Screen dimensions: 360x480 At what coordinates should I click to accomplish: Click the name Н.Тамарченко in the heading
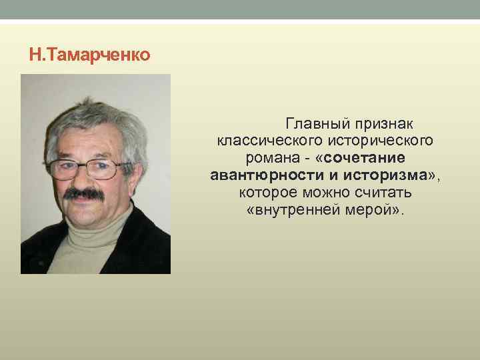(90, 53)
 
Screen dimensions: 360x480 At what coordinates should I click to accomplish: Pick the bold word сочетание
(367, 159)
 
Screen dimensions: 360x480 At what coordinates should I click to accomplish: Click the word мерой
(377, 211)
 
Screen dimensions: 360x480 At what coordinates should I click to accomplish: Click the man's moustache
(84, 195)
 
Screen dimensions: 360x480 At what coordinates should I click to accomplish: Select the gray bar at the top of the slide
(240, 9)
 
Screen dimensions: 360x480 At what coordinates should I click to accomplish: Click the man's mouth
(84, 203)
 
